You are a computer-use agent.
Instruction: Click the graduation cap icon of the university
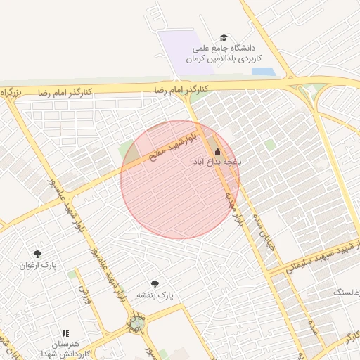pyautogui.click(x=224, y=38)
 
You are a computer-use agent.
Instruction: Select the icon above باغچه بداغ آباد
pyautogui.click(x=217, y=150)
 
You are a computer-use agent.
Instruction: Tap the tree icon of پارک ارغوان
pyautogui.click(x=37, y=254)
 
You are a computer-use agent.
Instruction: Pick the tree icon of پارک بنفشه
pyautogui.click(x=155, y=284)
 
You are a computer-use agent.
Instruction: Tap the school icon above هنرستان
pyautogui.click(x=65, y=333)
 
